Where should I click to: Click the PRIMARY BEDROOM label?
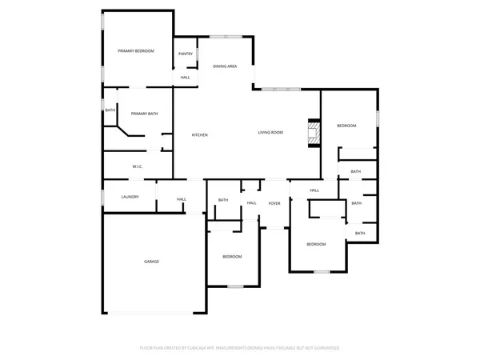pos(136,51)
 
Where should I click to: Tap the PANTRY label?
pos(185,54)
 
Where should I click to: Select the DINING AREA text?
pos(225,66)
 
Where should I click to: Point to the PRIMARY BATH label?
pos(144,114)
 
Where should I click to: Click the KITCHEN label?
pos(199,134)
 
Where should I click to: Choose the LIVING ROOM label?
pos(270,133)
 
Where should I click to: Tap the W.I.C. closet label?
pos(137,166)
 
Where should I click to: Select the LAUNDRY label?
pos(130,197)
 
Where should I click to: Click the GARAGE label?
pos(151,262)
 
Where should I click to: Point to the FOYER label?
pos(274,203)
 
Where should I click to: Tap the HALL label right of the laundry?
pos(182,199)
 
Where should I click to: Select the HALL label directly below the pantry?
pos(185,78)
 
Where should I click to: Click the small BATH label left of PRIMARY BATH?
pos(110,110)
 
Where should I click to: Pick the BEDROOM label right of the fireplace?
pos(346,126)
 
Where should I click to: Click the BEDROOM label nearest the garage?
pos(232,256)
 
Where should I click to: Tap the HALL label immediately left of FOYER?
pos(251,203)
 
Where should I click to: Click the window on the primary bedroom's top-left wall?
pos(102,21)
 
